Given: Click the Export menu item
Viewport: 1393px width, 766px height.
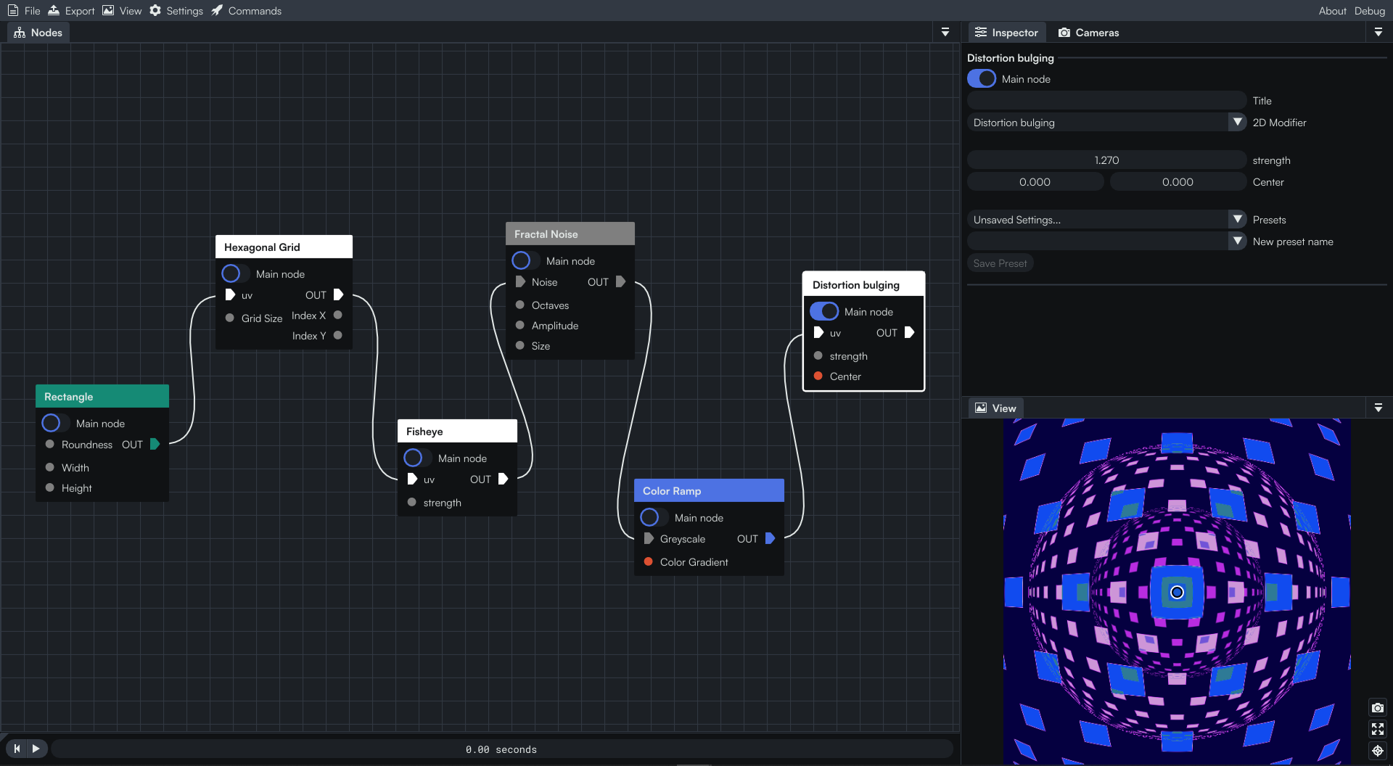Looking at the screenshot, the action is (x=71, y=11).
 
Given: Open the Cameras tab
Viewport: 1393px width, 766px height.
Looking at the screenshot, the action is (x=1088, y=33).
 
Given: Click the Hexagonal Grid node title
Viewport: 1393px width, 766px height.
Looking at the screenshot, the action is (x=262, y=247).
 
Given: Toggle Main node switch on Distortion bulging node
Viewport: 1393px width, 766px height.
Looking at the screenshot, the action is (x=824, y=311).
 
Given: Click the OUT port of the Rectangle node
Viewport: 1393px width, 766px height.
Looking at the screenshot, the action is (x=155, y=444).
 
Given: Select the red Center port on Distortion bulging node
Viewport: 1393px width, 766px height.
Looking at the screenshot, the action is (x=818, y=376).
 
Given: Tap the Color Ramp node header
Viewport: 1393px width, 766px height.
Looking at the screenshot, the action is (x=709, y=490).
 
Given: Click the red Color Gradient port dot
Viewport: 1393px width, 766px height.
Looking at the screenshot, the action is (x=649, y=561).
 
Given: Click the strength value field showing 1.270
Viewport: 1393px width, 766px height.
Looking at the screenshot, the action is (x=1106, y=160).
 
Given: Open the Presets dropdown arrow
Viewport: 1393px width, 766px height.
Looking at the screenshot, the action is (x=1238, y=219).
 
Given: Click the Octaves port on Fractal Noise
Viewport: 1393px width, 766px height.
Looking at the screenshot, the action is (x=520, y=305).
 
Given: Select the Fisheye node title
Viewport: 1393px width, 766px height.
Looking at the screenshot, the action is (x=424, y=432).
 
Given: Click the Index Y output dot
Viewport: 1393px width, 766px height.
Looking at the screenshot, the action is (x=338, y=335).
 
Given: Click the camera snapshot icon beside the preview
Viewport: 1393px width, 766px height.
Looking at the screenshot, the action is (x=1377, y=707).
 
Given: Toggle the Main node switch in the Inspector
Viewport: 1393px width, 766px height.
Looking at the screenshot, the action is (x=982, y=78).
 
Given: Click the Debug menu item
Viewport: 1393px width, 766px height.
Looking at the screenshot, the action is (x=1370, y=11).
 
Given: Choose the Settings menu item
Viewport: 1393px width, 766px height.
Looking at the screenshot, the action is (x=176, y=11).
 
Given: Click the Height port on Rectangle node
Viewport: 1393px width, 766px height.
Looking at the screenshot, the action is (x=50, y=487).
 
